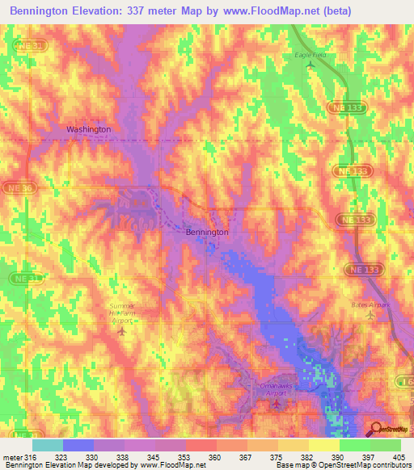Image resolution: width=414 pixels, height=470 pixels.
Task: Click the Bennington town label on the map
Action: click(207, 232)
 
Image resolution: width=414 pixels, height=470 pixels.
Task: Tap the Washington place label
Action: click(88, 129)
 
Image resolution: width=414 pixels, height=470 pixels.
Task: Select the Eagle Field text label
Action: click(309, 55)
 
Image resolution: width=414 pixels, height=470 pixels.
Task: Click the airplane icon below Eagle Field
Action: click(309, 65)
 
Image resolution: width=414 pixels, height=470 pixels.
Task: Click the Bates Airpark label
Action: click(370, 304)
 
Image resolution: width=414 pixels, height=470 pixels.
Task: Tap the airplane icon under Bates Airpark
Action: click(370, 315)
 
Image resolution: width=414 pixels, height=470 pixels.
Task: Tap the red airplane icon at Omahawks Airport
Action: click(277, 403)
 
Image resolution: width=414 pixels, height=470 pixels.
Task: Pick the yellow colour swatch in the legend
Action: click(323, 444)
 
